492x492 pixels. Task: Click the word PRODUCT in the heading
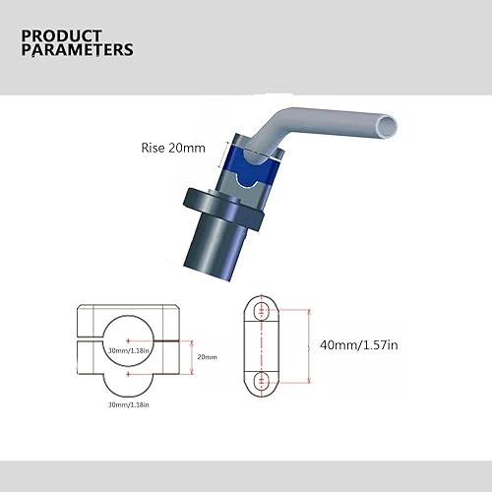pyautogui.click(x=60, y=35)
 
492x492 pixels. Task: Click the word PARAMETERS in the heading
pyautogui.click(x=78, y=50)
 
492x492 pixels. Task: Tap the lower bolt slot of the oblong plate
pyautogui.click(x=261, y=380)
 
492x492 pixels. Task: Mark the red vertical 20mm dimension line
pyautogui.click(x=186, y=356)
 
